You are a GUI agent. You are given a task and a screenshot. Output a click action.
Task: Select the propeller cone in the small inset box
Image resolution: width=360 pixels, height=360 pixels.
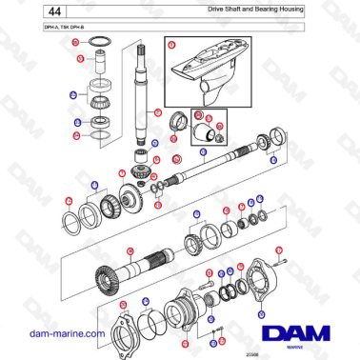206,131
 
